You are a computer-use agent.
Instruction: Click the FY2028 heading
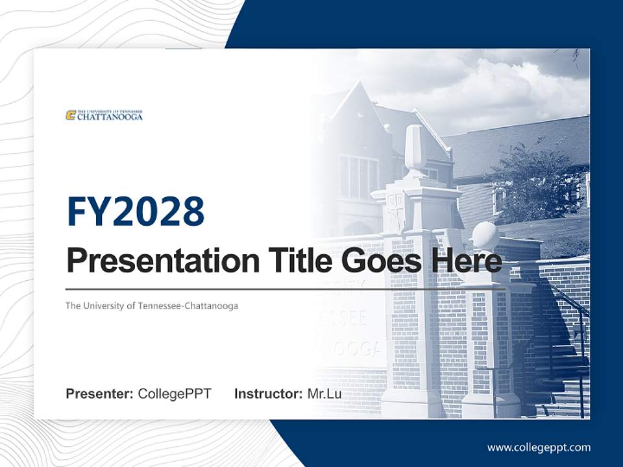click(136, 211)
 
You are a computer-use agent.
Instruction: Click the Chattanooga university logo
click(104, 115)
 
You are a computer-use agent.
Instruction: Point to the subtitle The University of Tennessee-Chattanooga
click(151, 305)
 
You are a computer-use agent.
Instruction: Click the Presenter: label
click(99, 394)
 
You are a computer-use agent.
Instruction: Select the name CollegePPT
click(175, 394)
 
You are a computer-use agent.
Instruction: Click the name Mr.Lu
click(324, 394)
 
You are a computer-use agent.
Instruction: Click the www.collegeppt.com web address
click(539, 448)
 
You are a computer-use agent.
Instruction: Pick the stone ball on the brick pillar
click(485, 235)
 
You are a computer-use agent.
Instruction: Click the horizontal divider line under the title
click(286, 289)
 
